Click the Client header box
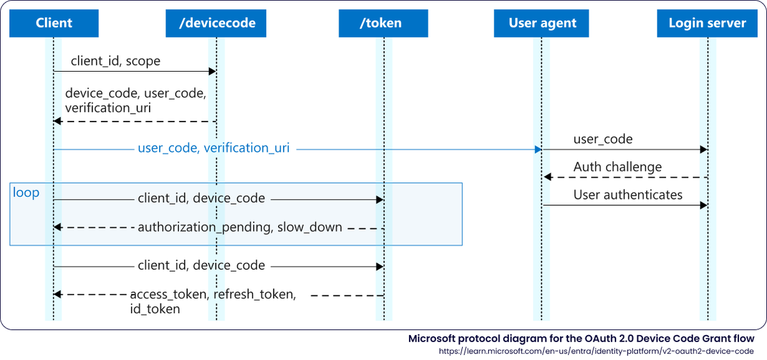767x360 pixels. point(54,24)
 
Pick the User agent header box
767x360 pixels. point(542,24)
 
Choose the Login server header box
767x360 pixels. point(707,24)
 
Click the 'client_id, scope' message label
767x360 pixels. point(115,61)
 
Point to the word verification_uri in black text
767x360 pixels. point(108,107)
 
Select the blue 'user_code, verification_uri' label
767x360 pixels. point(213,148)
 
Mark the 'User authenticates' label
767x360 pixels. point(628,194)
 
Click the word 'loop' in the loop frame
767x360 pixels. point(26,192)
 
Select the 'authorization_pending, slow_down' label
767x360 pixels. point(240,227)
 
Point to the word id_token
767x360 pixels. point(155,309)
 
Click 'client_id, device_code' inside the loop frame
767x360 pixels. point(201,199)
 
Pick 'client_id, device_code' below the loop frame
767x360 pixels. point(201,265)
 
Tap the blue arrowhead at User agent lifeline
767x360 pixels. point(538,149)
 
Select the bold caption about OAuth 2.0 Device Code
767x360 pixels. point(581,338)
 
